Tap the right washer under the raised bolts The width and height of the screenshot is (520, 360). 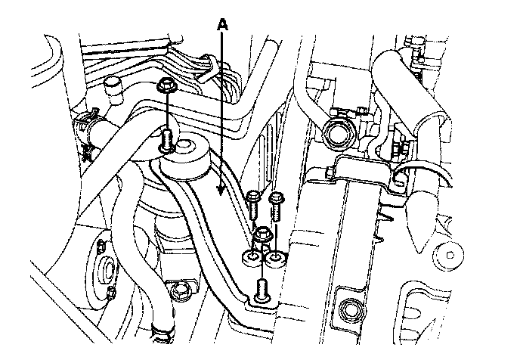[x=276, y=262]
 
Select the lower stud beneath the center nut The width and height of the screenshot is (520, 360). [x=262, y=289]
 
